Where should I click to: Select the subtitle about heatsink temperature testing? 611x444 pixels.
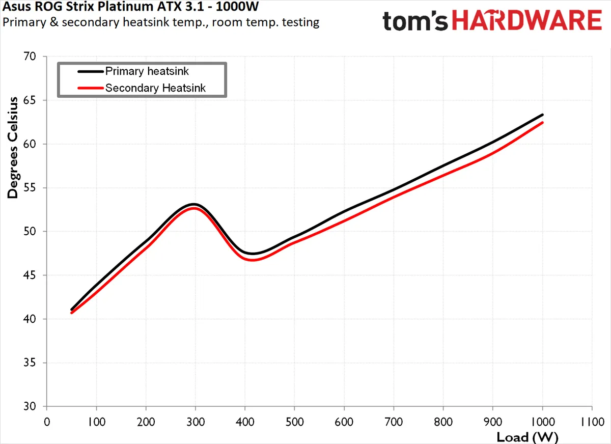pyautogui.click(x=161, y=23)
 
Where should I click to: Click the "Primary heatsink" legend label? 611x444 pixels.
pyautogui.click(x=147, y=71)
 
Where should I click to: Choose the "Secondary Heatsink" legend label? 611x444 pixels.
pyautogui.click(x=155, y=88)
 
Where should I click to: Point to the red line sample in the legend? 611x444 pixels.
pyautogui.click(x=90, y=88)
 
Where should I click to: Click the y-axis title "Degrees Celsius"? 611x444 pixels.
pyautogui.click(x=12, y=147)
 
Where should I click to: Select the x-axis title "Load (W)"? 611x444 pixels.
pyautogui.click(x=527, y=436)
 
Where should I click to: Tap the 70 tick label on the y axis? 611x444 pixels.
pyautogui.click(x=34, y=57)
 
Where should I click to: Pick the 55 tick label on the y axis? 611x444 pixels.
pyautogui.click(x=34, y=188)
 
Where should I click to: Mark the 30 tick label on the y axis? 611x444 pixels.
pyautogui.click(x=34, y=407)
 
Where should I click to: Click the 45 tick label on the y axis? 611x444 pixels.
pyautogui.click(x=34, y=275)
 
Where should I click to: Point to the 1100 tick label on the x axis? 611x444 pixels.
pyautogui.click(x=591, y=422)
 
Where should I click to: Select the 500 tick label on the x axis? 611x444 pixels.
pyautogui.click(x=294, y=422)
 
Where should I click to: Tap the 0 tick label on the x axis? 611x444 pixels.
pyautogui.click(x=47, y=422)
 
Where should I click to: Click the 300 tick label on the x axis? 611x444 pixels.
pyautogui.click(x=196, y=422)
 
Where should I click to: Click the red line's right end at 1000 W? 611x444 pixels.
pyautogui.click(x=542, y=123)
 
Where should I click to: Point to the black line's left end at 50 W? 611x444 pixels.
pyautogui.click(x=72, y=310)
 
